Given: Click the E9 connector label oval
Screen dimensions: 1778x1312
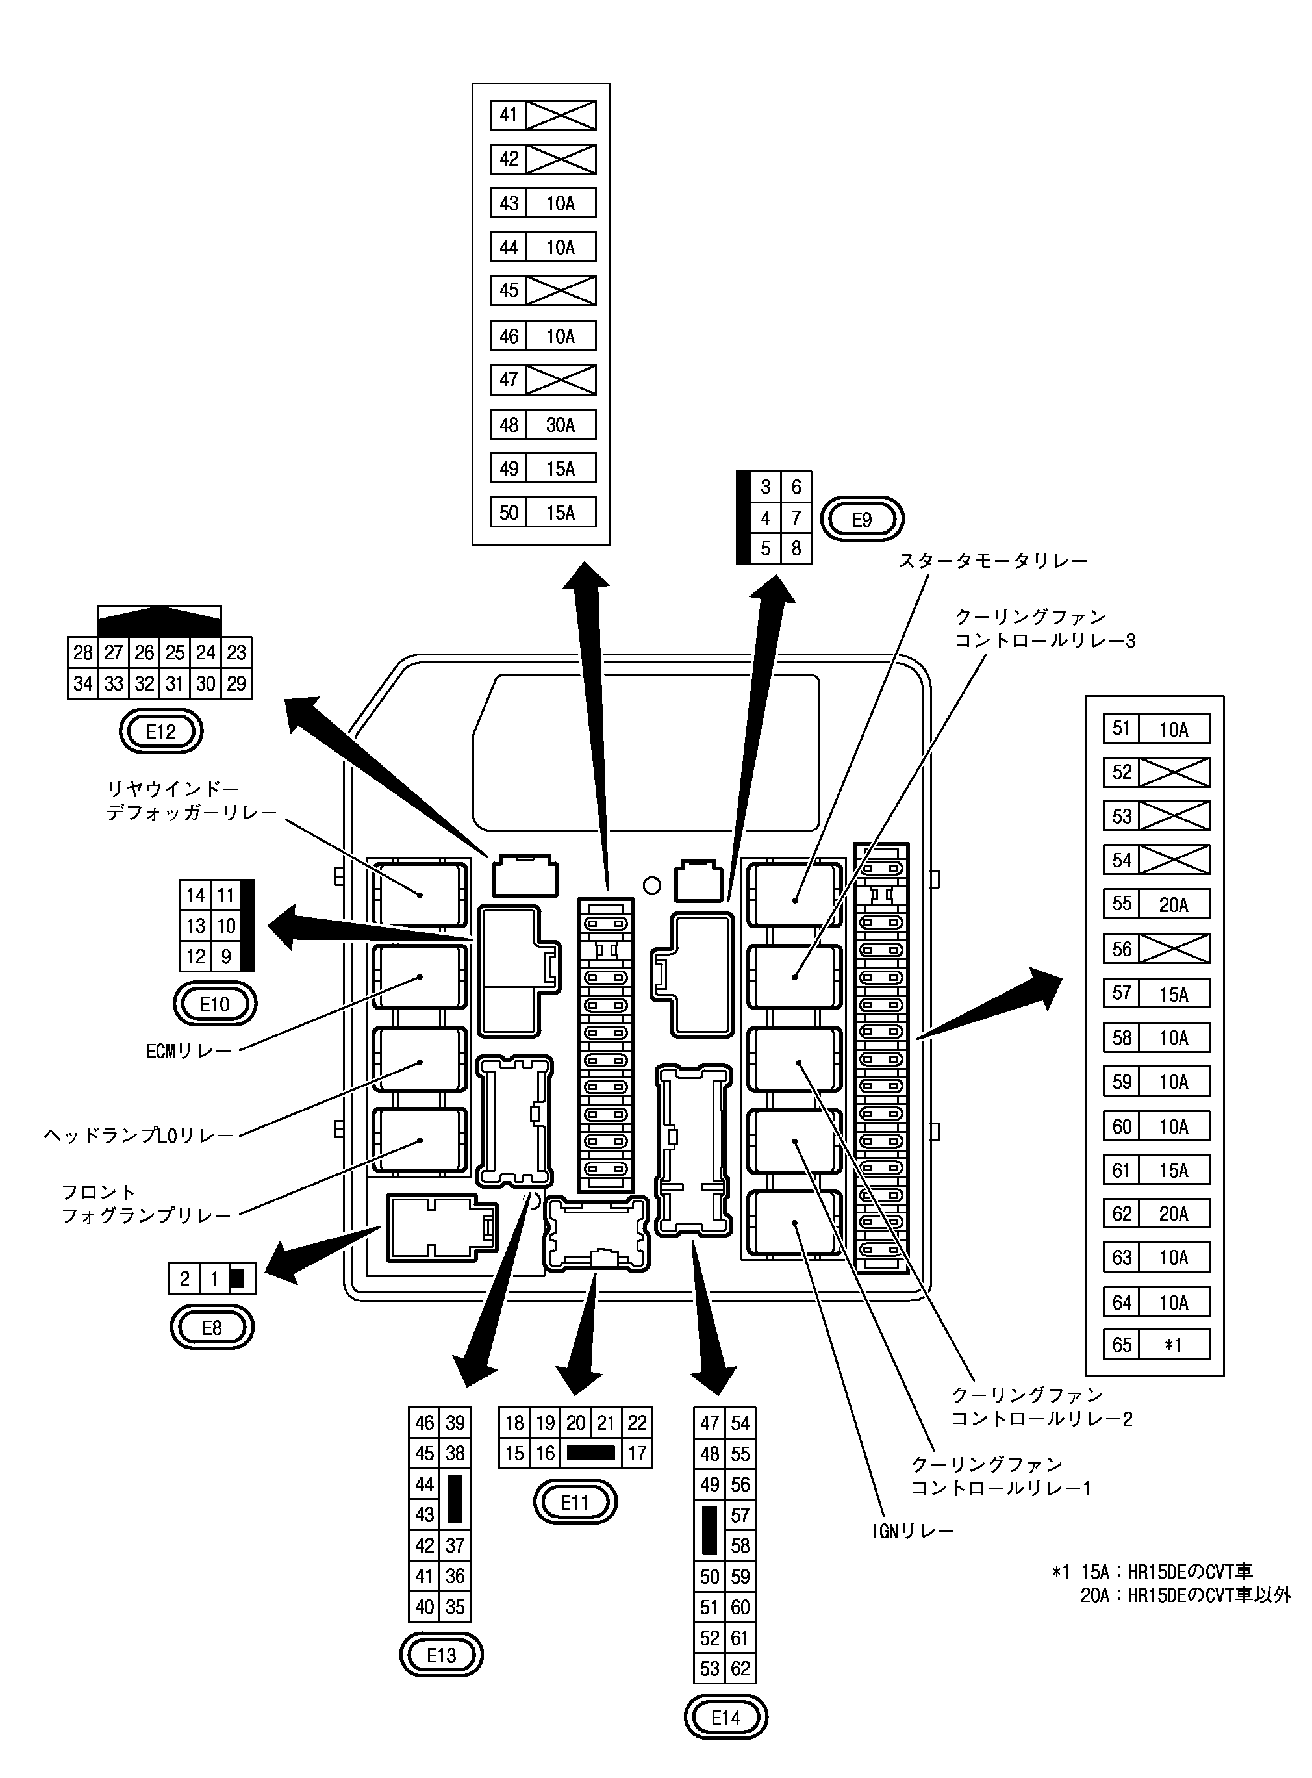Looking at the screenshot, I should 862,519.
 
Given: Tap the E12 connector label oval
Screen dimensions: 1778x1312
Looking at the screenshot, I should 161,731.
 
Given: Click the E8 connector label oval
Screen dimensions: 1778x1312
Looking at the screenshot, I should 212,1328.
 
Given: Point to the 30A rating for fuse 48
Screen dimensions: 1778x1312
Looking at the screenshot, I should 560,425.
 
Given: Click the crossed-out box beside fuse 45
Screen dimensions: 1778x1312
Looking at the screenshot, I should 561,290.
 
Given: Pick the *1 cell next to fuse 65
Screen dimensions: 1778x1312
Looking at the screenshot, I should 1173,1345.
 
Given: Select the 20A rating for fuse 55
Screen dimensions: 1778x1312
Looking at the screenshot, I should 1173,904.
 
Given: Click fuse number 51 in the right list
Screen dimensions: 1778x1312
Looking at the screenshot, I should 1122,728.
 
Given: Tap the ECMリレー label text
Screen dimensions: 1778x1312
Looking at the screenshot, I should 189,1051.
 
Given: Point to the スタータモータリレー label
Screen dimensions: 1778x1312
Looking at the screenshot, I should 992,561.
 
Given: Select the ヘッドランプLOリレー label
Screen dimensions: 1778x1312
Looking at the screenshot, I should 140,1136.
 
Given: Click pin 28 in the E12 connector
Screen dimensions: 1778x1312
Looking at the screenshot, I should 82,653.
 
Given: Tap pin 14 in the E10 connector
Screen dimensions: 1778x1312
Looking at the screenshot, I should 196,896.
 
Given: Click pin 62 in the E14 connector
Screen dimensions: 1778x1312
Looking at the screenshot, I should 740,1668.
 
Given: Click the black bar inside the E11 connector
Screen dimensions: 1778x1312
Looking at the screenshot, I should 591,1453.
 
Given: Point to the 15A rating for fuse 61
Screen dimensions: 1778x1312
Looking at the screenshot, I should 1173,1171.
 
